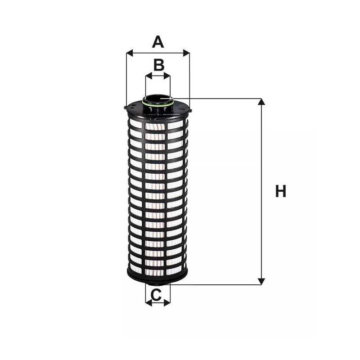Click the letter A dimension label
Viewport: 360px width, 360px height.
(158, 42)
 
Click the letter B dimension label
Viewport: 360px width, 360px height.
(159, 65)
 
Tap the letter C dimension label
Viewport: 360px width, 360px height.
(156, 295)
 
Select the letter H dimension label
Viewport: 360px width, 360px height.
(280, 191)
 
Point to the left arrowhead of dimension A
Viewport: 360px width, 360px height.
(130, 53)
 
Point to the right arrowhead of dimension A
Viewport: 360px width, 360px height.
(186, 53)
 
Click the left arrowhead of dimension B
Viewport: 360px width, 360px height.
(149, 76)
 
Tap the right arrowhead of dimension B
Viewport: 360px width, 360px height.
(167, 76)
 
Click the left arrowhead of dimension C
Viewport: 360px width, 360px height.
(149, 302)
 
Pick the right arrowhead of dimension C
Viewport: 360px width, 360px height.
(167, 302)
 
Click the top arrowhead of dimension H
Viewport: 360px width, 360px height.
(261, 102)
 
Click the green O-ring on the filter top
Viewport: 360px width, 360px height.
(158, 104)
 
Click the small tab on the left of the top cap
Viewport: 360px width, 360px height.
(126, 107)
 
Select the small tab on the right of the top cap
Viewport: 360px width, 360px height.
(190, 111)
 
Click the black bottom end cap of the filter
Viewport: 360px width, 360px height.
(157, 277)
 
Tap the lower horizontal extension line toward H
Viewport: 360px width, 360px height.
(216, 285)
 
